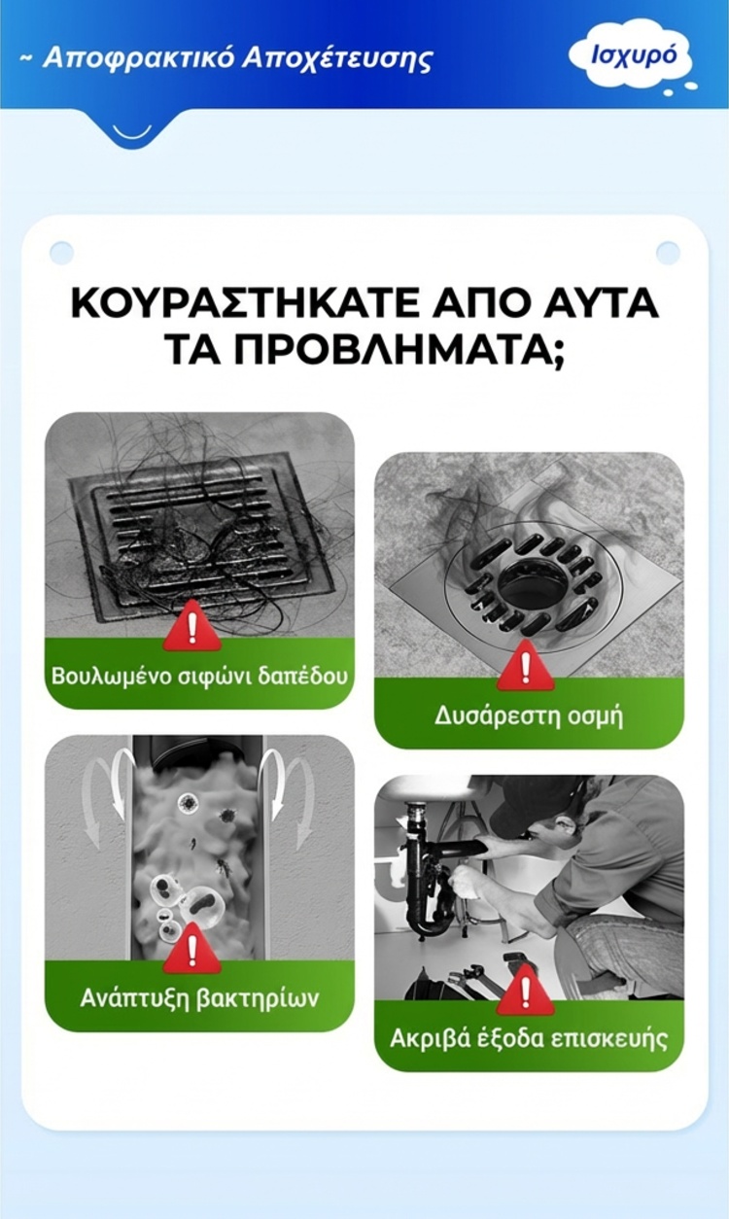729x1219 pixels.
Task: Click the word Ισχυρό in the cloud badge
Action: tap(634, 56)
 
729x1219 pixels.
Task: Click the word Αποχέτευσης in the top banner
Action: tap(336, 59)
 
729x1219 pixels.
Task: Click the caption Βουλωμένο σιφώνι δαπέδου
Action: tap(199, 676)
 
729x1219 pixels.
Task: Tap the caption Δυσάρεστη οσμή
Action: tap(528, 716)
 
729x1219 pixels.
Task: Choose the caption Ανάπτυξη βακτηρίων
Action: tap(199, 999)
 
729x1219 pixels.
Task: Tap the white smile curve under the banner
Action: tap(134, 134)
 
